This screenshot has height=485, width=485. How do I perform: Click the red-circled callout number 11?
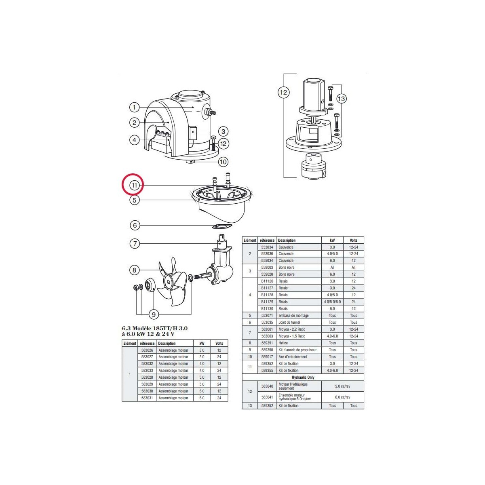click(134, 186)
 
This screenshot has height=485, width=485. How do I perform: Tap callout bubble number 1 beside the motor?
click(134, 108)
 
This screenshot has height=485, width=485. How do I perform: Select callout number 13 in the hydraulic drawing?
click(341, 98)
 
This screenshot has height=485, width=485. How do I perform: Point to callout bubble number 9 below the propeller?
click(154, 314)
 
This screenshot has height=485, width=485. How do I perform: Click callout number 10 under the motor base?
click(223, 162)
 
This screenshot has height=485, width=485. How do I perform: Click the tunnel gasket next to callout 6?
click(222, 227)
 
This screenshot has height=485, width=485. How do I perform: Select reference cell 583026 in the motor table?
click(147, 350)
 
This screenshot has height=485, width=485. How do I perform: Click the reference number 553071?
click(267, 315)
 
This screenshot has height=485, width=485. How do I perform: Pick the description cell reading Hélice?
click(283, 343)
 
